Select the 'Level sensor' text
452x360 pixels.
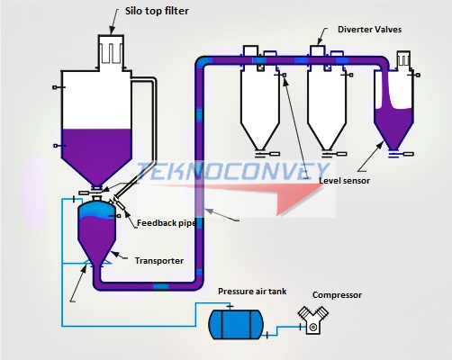[345, 180]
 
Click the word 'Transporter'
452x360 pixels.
[159, 260]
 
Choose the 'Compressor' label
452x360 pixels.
[338, 294]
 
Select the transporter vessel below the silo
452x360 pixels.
[95, 230]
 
